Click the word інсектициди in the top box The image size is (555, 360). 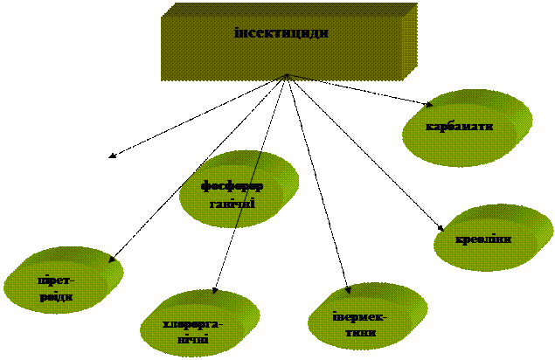point(281,33)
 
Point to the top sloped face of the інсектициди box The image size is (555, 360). point(288,9)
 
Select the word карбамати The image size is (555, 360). point(459,126)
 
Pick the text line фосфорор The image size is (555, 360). point(232,185)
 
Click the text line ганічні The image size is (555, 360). point(232,204)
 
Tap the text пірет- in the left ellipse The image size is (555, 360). point(55,280)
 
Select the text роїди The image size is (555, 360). point(55,297)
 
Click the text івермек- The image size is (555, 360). point(359,316)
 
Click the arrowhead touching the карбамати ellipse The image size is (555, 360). point(428,103)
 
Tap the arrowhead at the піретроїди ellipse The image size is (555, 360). point(112,260)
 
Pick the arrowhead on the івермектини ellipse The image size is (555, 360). point(348,291)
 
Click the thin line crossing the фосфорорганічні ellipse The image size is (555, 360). point(249,188)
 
